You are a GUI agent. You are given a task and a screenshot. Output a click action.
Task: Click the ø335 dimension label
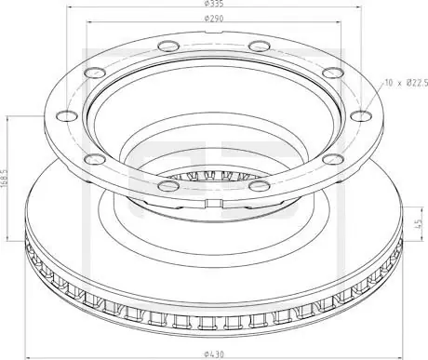click(214, 4)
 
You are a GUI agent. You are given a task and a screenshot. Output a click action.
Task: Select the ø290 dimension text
click(214, 19)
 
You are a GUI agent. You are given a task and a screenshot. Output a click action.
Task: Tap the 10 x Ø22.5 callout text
click(407, 83)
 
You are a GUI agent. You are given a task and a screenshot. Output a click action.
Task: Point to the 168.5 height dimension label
click(4, 179)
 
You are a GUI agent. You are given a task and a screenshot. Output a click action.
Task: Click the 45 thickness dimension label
click(418, 223)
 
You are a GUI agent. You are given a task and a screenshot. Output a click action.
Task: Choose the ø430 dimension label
click(214, 353)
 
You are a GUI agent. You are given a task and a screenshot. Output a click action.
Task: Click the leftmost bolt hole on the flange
click(67, 116)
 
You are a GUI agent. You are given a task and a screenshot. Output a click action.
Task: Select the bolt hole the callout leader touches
click(361, 116)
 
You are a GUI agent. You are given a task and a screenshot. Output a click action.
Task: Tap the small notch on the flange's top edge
click(214, 32)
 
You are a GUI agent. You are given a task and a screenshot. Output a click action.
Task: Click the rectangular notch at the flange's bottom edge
click(214, 203)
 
